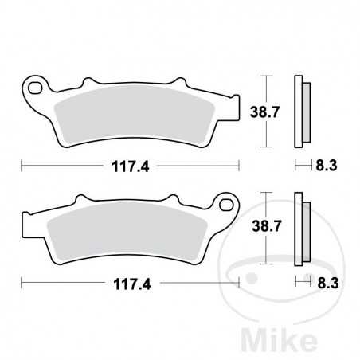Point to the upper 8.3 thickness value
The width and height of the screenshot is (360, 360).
click(x=325, y=166)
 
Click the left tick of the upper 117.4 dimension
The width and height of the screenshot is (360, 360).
click(x=22, y=166)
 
